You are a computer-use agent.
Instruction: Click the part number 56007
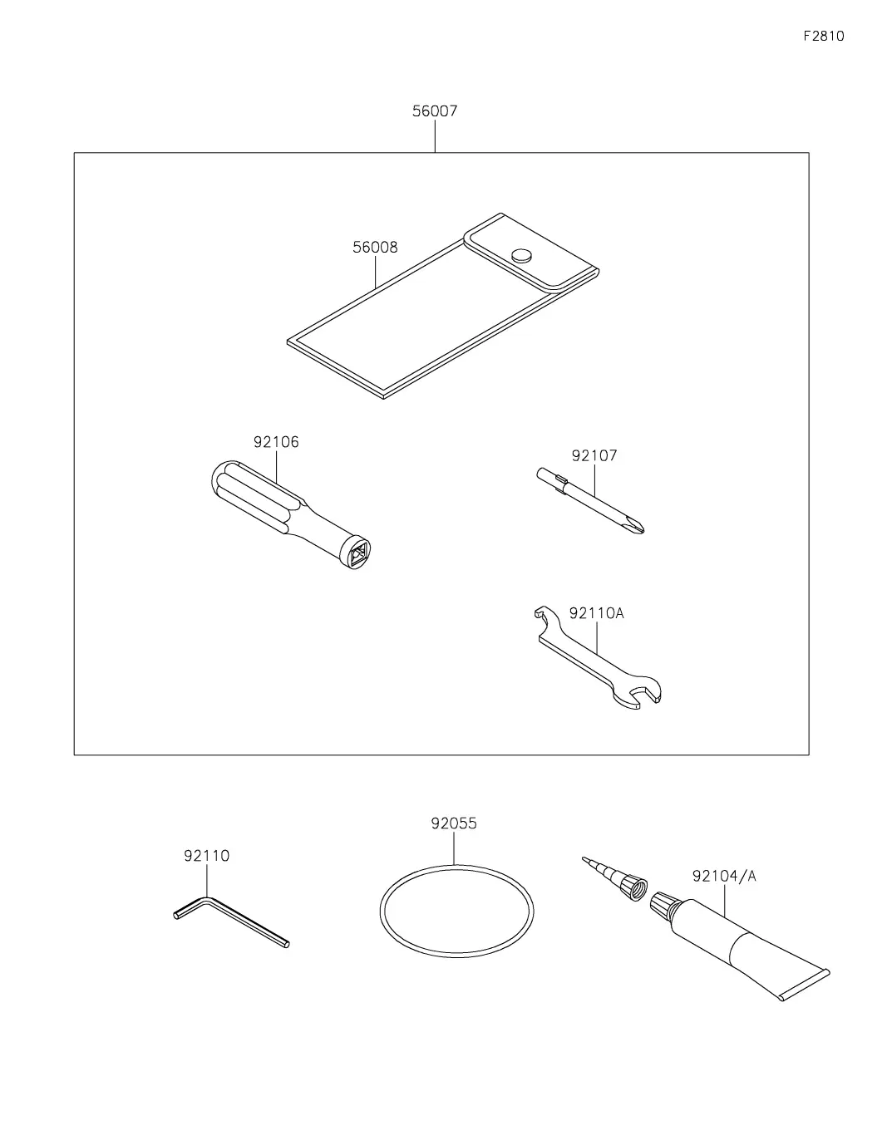point(434,111)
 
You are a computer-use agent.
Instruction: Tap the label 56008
point(375,247)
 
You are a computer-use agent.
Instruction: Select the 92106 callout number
point(276,441)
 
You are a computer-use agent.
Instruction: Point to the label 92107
point(594,455)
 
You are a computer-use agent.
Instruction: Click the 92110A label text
point(596,613)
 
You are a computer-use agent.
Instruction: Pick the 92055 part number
point(453,823)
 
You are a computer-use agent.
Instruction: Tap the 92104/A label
point(723,876)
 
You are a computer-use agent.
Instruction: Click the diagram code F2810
point(823,36)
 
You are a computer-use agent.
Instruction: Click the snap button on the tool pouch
point(521,255)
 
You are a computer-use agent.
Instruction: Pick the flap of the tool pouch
point(530,252)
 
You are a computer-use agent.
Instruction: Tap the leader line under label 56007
point(435,136)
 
